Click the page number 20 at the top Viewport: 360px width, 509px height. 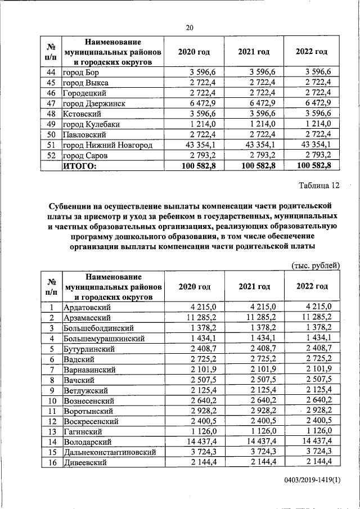190,28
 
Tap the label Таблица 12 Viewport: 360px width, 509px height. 318,185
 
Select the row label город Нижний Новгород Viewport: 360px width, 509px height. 100,145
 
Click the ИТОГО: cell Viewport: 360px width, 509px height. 79,165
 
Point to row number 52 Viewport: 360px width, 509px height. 51,155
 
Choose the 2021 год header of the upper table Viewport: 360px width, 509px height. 253,52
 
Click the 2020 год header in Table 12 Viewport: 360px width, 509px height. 194,286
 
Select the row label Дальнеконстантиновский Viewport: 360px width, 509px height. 106,452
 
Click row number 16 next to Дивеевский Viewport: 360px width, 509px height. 51,462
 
